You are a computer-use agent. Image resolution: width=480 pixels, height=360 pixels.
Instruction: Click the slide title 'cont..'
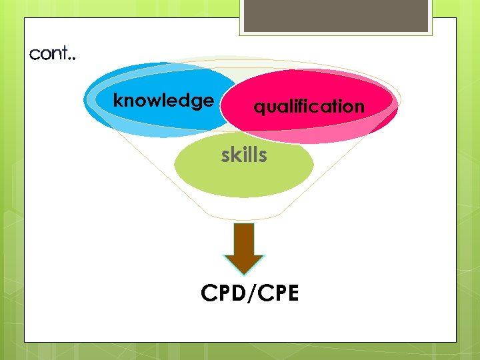(x=53, y=54)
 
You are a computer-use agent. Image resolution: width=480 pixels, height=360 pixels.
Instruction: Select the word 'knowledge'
(x=163, y=101)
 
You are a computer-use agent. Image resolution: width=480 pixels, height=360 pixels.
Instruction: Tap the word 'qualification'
(x=309, y=106)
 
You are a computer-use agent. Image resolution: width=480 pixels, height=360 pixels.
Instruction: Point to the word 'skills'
(x=244, y=155)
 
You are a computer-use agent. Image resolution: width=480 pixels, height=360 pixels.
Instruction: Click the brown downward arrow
(x=244, y=247)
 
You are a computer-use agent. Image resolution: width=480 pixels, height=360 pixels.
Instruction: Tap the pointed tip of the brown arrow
(x=244, y=272)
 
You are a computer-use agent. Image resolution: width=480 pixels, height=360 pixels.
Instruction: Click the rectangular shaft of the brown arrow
(x=244, y=237)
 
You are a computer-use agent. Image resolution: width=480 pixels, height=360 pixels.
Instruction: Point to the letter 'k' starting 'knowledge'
(x=118, y=101)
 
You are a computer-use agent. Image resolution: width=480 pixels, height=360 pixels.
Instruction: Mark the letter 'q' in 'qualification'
(x=259, y=107)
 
